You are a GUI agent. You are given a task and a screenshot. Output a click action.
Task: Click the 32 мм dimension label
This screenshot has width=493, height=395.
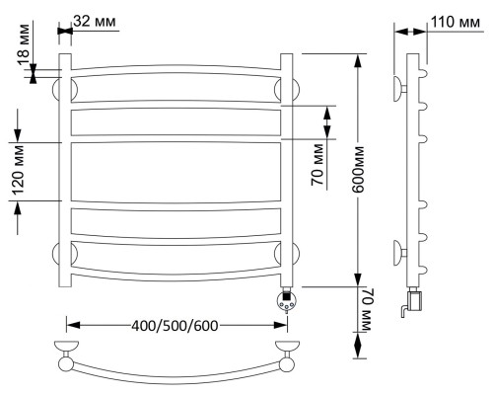[95, 22]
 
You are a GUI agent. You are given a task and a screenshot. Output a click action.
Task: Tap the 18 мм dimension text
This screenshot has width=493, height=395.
[24, 44]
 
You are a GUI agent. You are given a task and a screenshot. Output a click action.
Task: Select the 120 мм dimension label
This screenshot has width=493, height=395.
[19, 171]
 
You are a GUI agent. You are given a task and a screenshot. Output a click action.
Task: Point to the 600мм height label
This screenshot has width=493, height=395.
[358, 170]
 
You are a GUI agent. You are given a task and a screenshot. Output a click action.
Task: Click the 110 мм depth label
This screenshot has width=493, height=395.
[456, 22]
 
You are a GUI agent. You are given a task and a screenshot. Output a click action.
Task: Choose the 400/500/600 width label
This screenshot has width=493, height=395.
[175, 326]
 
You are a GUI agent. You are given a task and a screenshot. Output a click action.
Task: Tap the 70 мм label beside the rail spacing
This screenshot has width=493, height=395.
[317, 164]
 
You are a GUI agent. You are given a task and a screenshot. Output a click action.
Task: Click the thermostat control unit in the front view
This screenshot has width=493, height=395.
[287, 300]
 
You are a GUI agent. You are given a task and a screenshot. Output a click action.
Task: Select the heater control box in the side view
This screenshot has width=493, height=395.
[412, 300]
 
